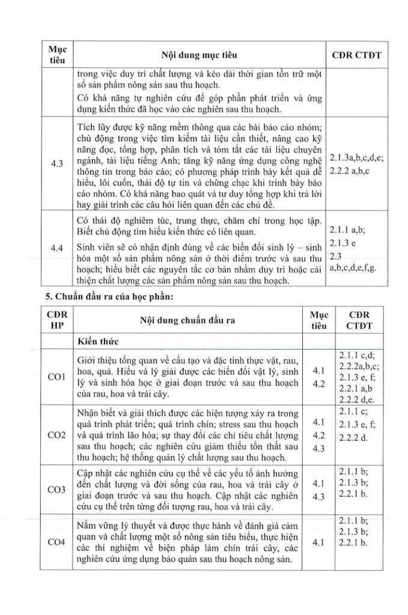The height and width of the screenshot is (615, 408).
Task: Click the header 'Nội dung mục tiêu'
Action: coord(199,55)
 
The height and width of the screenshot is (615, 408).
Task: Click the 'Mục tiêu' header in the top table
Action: coord(58,55)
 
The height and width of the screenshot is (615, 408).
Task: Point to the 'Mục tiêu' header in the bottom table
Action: coord(319,320)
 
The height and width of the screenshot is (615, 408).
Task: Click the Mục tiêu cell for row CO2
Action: coord(319,434)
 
